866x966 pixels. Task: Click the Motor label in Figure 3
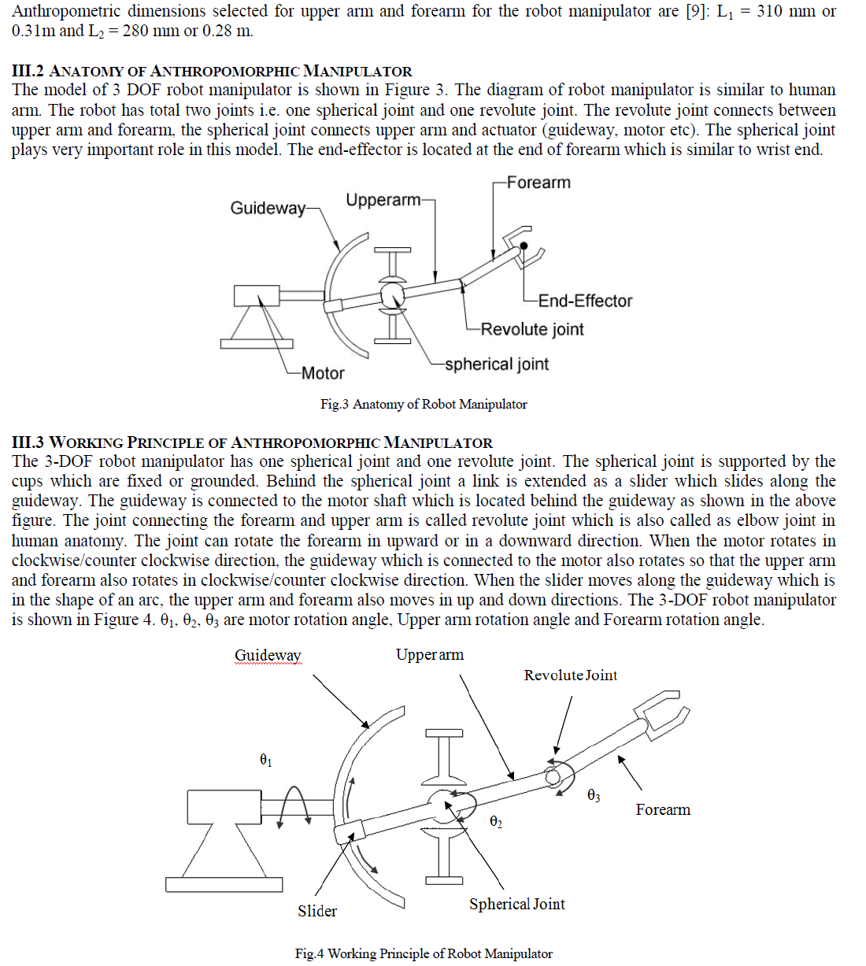click(x=322, y=373)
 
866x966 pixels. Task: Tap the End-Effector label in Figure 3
click(x=585, y=301)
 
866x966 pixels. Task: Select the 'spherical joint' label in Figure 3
click(x=497, y=365)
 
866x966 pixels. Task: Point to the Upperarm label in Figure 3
click(x=383, y=200)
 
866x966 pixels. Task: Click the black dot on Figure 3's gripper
click(x=524, y=246)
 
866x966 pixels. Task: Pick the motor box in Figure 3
click(x=257, y=295)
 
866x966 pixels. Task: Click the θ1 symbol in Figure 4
click(x=265, y=760)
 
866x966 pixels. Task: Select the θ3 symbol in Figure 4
click(x=594, y=795)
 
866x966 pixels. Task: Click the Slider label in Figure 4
click(x=317, y=911)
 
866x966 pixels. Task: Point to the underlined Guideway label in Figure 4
click(x=268, y=656)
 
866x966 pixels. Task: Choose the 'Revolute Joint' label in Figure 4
click(x=570, y=675)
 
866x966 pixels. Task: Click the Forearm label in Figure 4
click(x=663, y=809)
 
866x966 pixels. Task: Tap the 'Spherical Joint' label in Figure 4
click(x=517, y=904)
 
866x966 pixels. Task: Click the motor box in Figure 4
click(x=224, y=807)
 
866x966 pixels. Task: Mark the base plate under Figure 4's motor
click(x=224, y=884)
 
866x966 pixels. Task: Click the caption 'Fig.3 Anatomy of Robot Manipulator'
click(x=424, y=405)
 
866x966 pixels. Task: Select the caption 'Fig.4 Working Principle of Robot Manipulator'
click(x=424, y=953)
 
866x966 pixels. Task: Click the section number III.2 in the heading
click(x=28, y=71)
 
